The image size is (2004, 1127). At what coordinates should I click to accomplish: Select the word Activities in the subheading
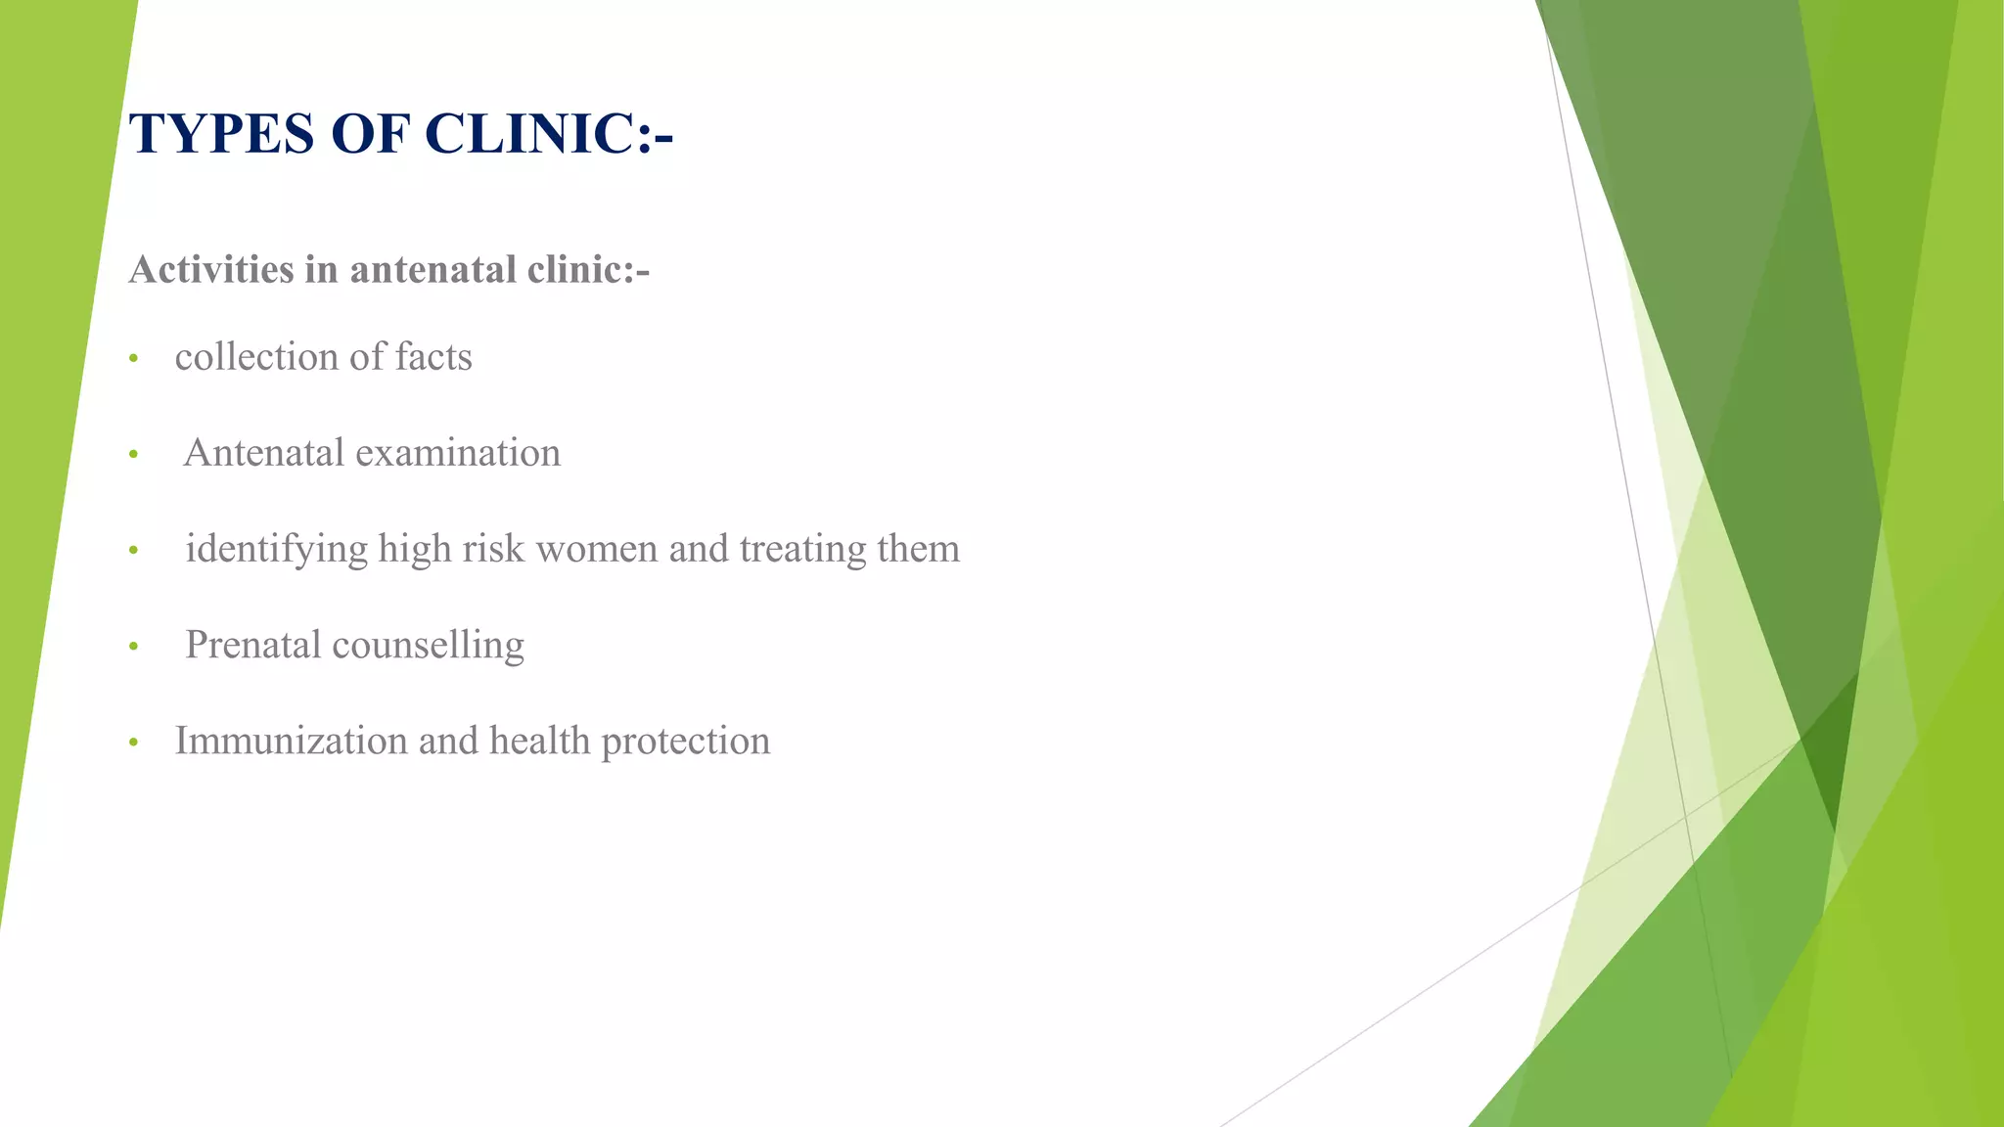pos(210,270)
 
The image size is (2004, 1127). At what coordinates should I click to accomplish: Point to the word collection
pos(257,357)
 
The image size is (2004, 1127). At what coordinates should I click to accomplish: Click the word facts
pos(433,357)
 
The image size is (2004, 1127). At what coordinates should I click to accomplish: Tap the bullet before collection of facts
pos(134,359)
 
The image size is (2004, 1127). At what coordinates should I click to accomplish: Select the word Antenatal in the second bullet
pos(264,453)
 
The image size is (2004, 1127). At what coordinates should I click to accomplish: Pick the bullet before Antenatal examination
pos(134,455)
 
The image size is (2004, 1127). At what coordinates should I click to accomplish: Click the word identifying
pos(276,549)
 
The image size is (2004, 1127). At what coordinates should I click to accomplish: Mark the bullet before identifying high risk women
pos(134,551)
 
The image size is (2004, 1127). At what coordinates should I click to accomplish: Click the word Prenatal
pos(253,645)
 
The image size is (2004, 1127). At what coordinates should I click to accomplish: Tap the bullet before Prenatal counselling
pos(134,647)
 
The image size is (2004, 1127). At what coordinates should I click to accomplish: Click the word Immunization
pos(291,741)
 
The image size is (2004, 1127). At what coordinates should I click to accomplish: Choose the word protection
pos(685,742)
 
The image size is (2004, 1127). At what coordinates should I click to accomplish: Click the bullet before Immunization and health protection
pos(134,743)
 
